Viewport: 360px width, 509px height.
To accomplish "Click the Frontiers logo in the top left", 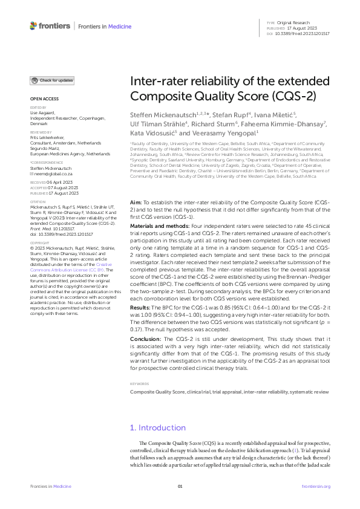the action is [x=50, y=25].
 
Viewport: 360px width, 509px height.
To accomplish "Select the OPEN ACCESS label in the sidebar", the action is [x=44, y=99].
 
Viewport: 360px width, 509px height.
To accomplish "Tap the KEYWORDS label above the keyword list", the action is [x=140, y=384].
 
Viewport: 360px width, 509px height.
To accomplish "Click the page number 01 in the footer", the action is [x=180, y=486].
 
